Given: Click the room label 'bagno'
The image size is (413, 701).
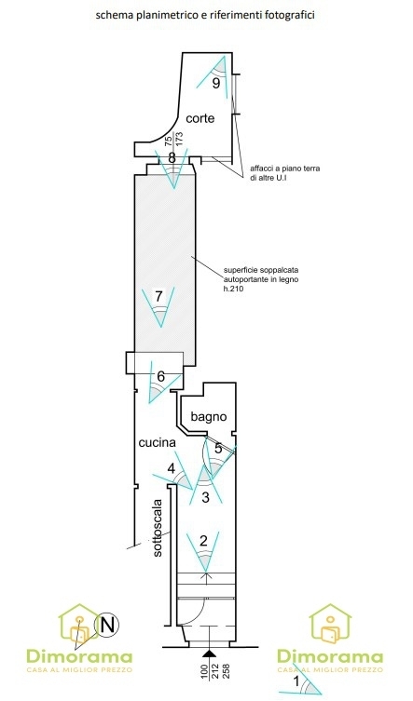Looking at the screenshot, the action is (208, 417).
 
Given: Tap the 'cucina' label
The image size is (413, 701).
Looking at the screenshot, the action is (157, 442).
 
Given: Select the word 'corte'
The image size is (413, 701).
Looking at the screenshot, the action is (200, 118).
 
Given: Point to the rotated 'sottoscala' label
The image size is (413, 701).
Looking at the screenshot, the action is (158, 527).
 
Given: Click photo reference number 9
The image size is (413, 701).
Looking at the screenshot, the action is (216, 83).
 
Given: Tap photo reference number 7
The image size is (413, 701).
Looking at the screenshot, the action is (158, 295).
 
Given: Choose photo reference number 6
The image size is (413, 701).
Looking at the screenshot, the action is (160, 376).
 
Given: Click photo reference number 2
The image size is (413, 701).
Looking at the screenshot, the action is (204, 541).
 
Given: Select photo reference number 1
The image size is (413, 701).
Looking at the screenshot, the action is (296, 682).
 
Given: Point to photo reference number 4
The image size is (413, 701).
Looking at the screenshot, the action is (171, 469).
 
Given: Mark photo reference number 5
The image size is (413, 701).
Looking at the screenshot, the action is (218, 449).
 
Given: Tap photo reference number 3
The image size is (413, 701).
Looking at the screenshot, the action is (205, 497).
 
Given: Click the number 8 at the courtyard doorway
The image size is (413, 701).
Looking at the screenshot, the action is (172, 157).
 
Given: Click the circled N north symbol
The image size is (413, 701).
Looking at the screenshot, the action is (106, 625).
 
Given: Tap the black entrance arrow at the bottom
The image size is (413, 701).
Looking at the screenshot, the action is (207, 654).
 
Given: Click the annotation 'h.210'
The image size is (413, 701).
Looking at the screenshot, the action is (232, 290).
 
